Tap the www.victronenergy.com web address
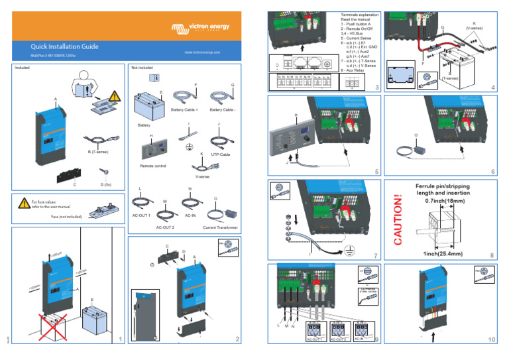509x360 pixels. pyautogui.click(x=206, y=52)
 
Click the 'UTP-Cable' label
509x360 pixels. pyautogui.click(x=221, y=154)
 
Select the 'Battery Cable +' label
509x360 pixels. pyautogui.click(x=185, y=110)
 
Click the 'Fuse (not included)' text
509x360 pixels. pyautogui.click(x=66, y=216)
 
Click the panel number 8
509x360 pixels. pyautogui.click(x=492, y=255)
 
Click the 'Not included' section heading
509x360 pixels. pyautogui.click(x=143, y=68)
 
